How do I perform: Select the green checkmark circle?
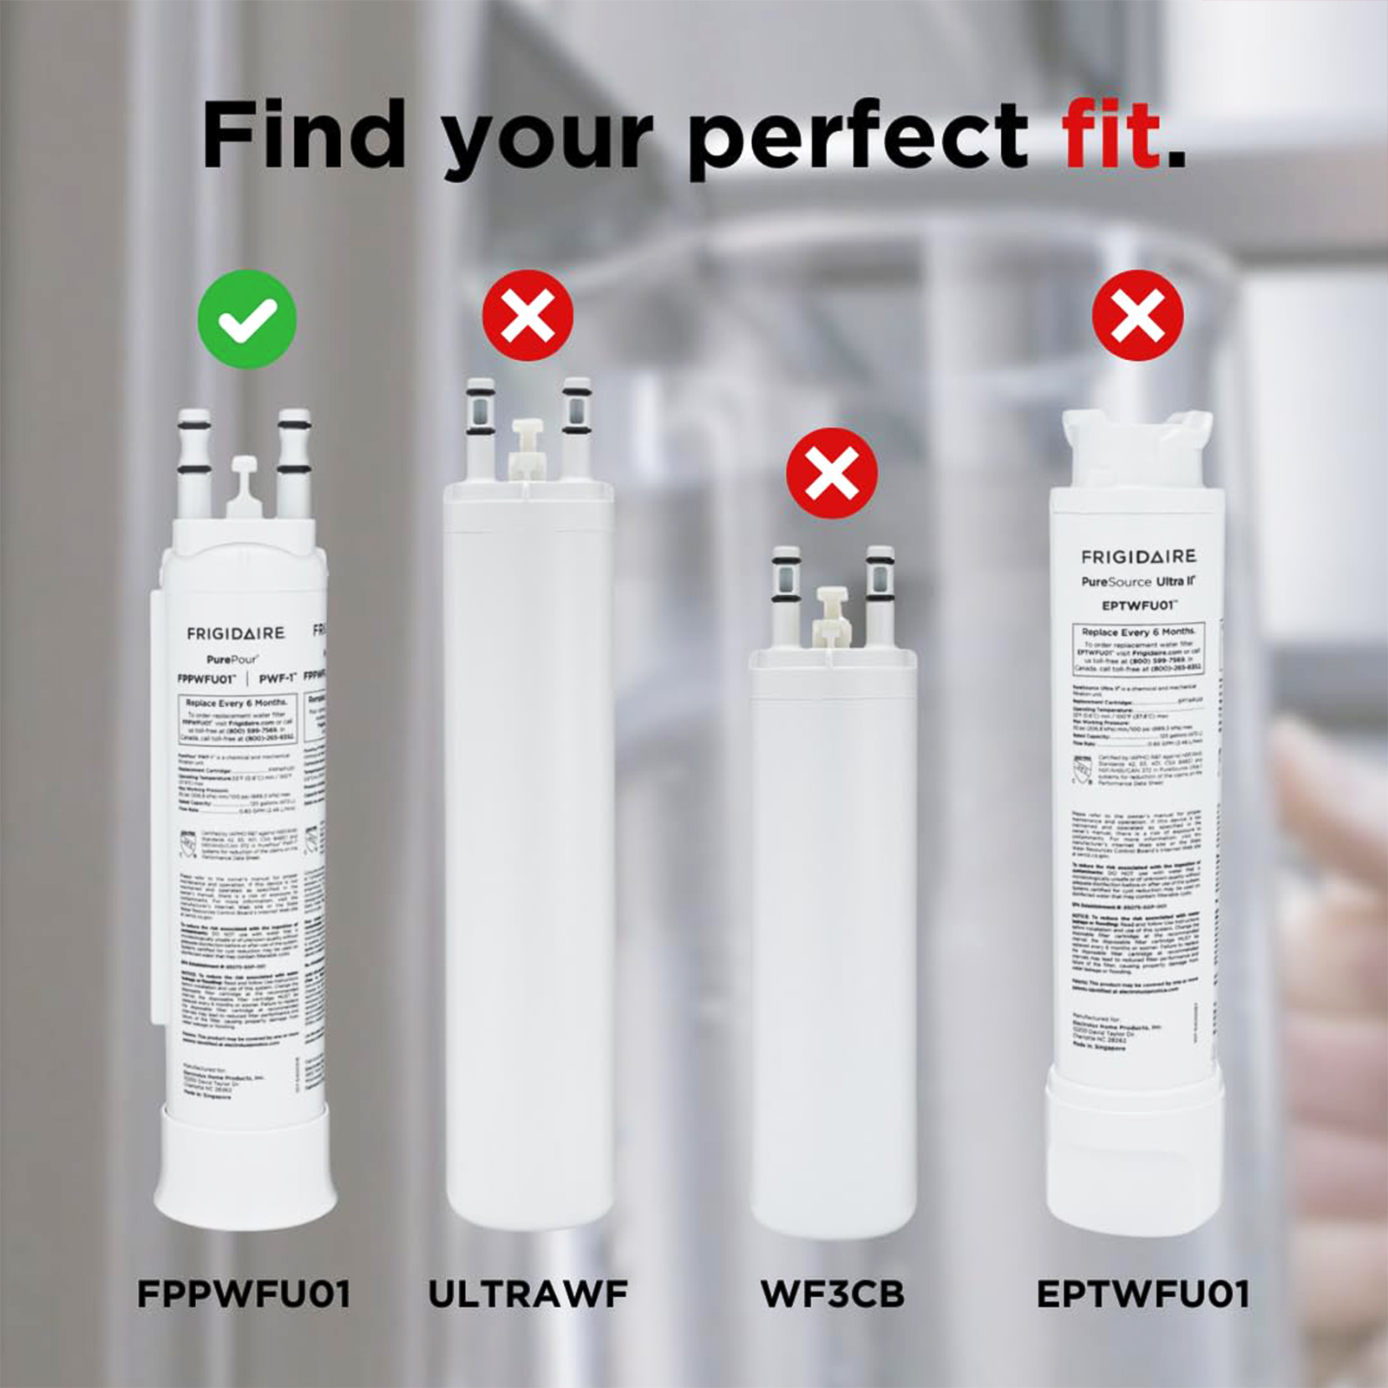point(247,319)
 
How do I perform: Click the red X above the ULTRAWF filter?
point(527,315)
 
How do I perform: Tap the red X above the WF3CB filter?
point(831,473)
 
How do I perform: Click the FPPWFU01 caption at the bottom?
point(244,1294)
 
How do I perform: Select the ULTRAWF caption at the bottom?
point(527,1294)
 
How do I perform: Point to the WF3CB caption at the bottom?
point(832,1294)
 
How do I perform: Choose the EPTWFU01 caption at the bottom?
point(1142,1294)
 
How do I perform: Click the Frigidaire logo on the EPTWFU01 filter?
point(1138,556)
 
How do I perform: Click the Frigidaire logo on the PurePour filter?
point(235,634)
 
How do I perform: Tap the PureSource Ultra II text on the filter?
point(1138,581)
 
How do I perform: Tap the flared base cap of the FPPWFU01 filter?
point(245,1162)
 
